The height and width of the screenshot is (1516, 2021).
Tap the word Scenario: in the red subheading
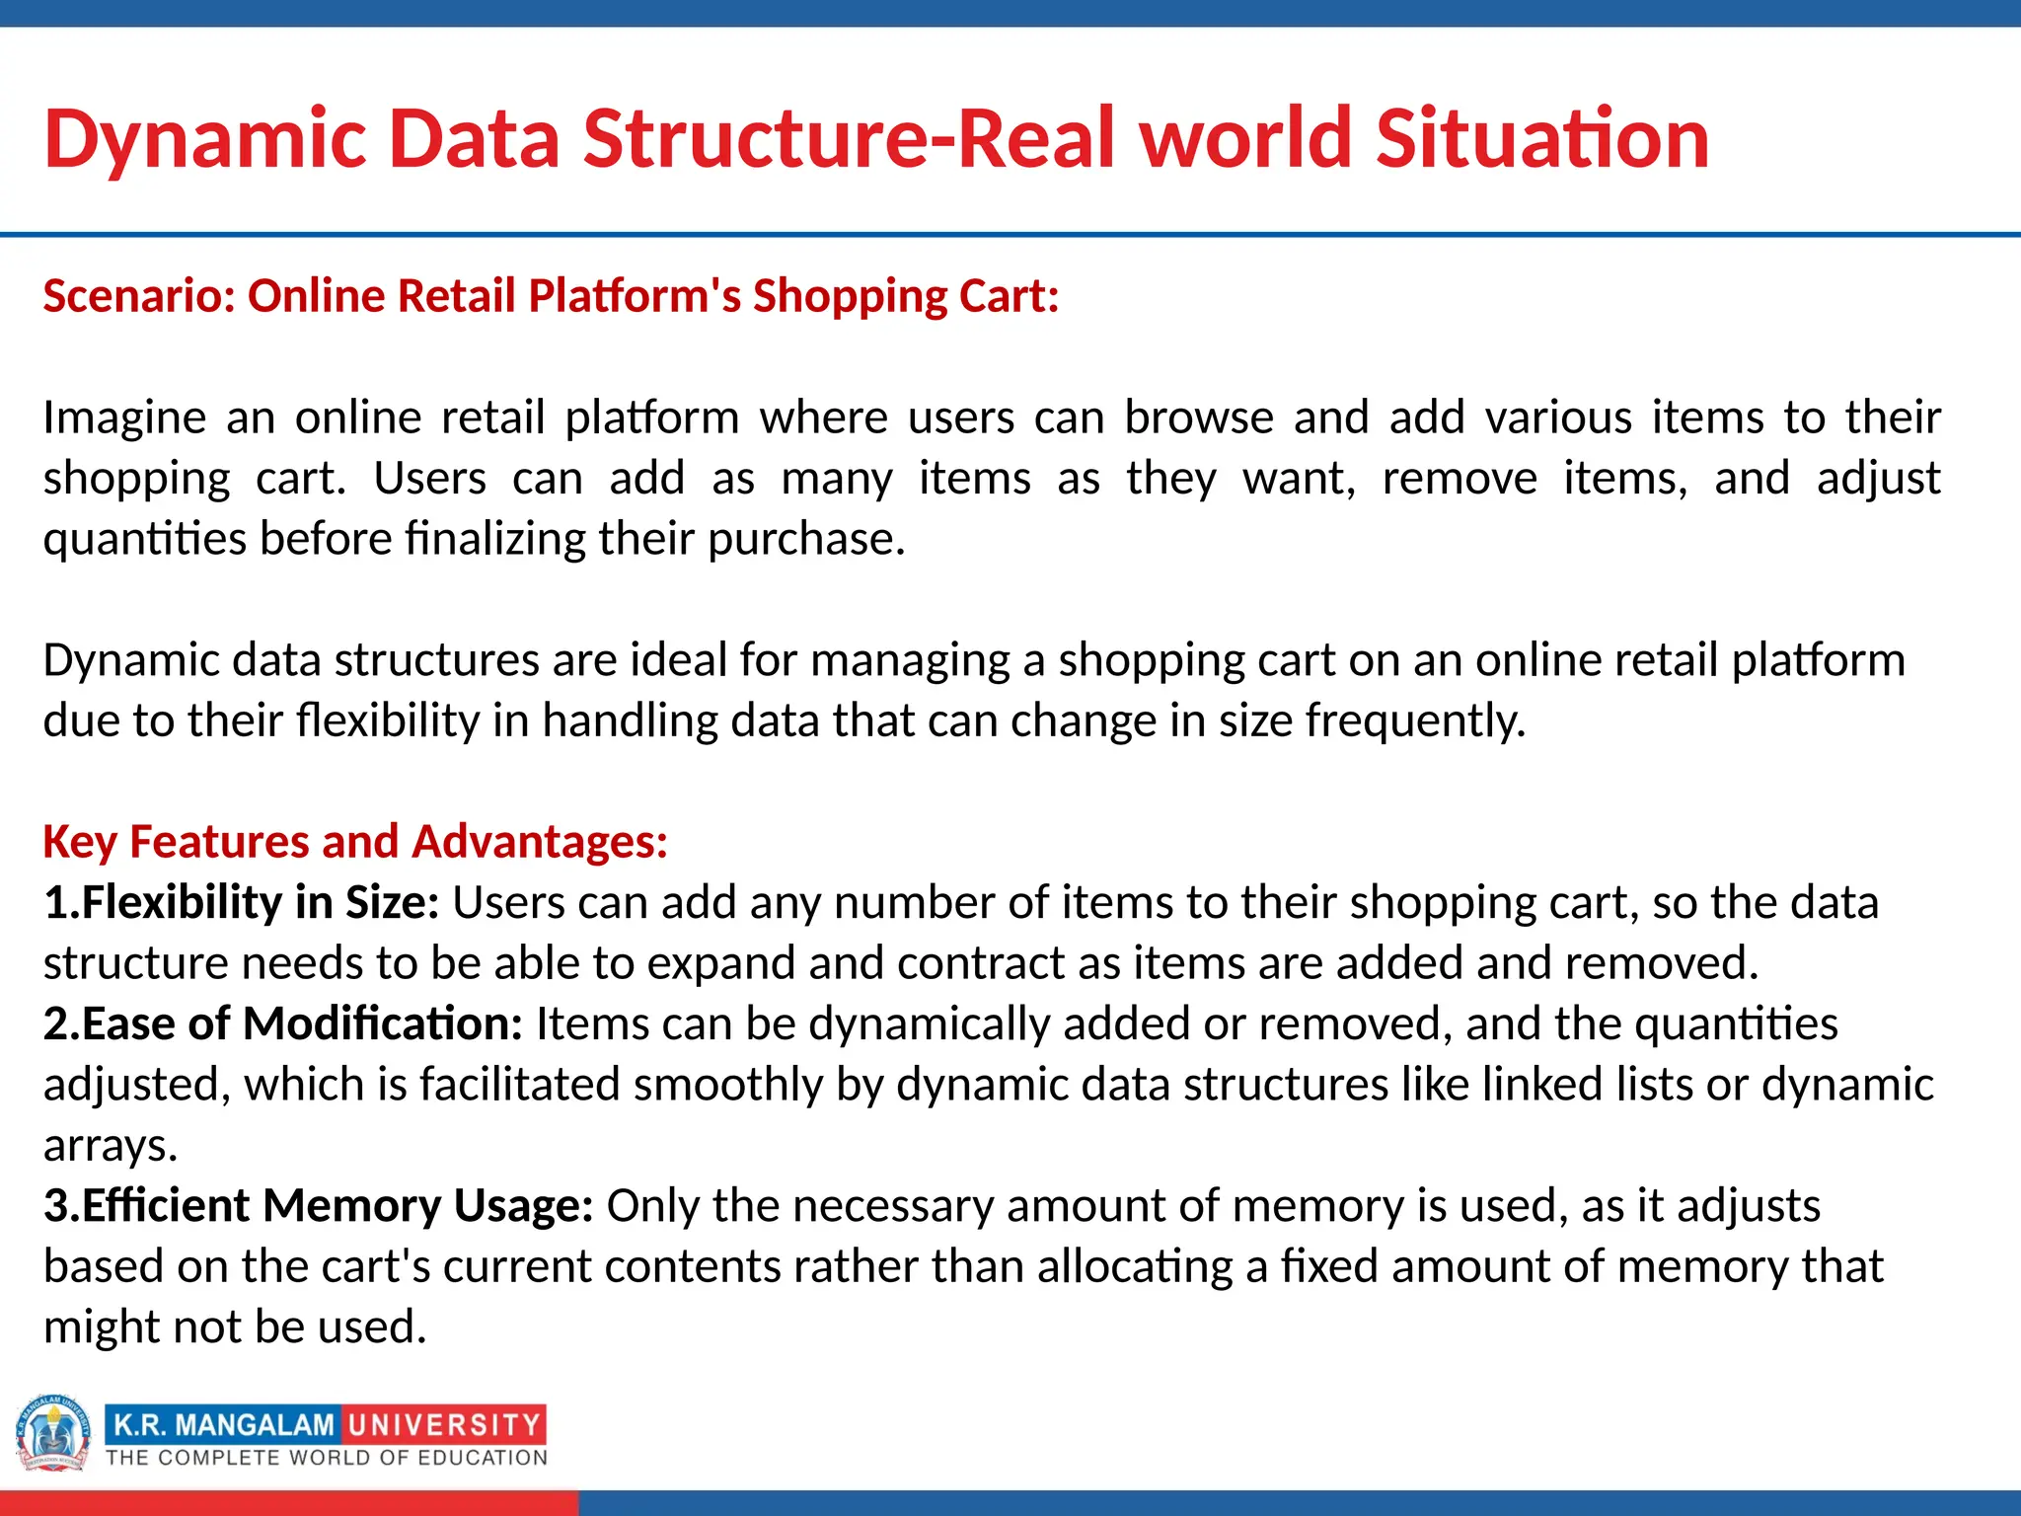pyautogui.click(x=139, y=296)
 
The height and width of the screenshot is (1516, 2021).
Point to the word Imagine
pyautogui.click(x=124, y=417)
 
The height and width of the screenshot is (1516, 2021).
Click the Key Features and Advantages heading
pyautogui.click(x=355, y=842)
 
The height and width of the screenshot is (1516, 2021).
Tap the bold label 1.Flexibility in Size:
pyautogui.click(x=242, y=902)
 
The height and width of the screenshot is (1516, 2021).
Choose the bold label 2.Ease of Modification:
pyautogui.click(x=283, y=1023)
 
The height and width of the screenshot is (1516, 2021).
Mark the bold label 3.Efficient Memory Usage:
pyautogui.click(x=319, y=1206)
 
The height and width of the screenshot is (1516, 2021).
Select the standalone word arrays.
pyautogui.click(x=110, y=1145)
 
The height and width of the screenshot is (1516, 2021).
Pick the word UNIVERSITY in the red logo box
pyautogui.click(x=444, y=1425)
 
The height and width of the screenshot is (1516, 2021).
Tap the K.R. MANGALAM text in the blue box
pyautogui.click(x=224, y=1425)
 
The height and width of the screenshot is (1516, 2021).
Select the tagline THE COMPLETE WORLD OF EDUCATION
pyautogui.click(x=327, y=1458)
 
